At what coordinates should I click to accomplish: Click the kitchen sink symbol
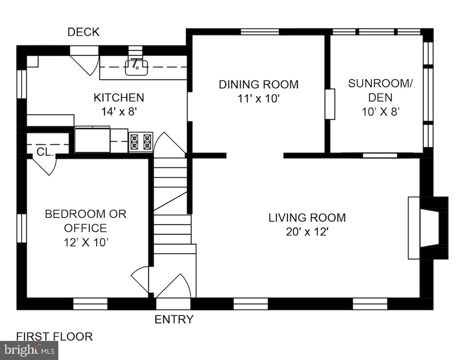(x=136, y=67)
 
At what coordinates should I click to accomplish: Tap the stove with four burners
(x=141, y=142)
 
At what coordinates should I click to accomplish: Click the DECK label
(x=84, y=32)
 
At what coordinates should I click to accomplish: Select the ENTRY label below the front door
(x=174, y=320)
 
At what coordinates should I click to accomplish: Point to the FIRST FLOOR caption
(x=54, y=336)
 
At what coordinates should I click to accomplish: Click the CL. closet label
(x=45, y=152)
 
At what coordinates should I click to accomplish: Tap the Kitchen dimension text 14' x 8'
(x=119, y=112)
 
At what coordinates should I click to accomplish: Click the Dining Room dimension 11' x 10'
(x=259, y=98)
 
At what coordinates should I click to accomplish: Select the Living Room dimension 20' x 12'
(x=307, y=232)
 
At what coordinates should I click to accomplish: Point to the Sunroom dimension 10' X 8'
(x=381, y=112)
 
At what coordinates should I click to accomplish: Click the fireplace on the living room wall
(x=428, y=228)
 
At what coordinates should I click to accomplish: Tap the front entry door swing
(x=173, y=286)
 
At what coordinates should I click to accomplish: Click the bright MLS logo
(x=29, y=350)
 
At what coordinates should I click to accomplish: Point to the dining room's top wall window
(x=260, y=32)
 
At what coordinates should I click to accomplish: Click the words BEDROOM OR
(x=86, y=214)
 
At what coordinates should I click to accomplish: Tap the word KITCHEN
(x=119, y=98)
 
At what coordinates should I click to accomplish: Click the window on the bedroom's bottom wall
(x=90, y=304)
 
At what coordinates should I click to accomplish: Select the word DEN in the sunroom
(x=381, y=98)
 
